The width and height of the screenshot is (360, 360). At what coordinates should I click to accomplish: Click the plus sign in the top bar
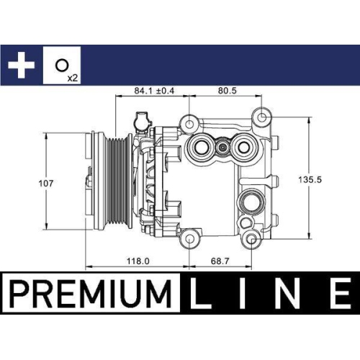point(22,65)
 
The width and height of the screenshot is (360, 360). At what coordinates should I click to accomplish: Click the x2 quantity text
point(72,76)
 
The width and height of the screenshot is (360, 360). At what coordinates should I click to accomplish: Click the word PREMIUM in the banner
point(91,294)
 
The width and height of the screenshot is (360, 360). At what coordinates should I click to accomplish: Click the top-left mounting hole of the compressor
point(190,121)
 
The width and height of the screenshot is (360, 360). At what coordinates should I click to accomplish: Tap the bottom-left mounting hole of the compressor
point(190,238)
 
